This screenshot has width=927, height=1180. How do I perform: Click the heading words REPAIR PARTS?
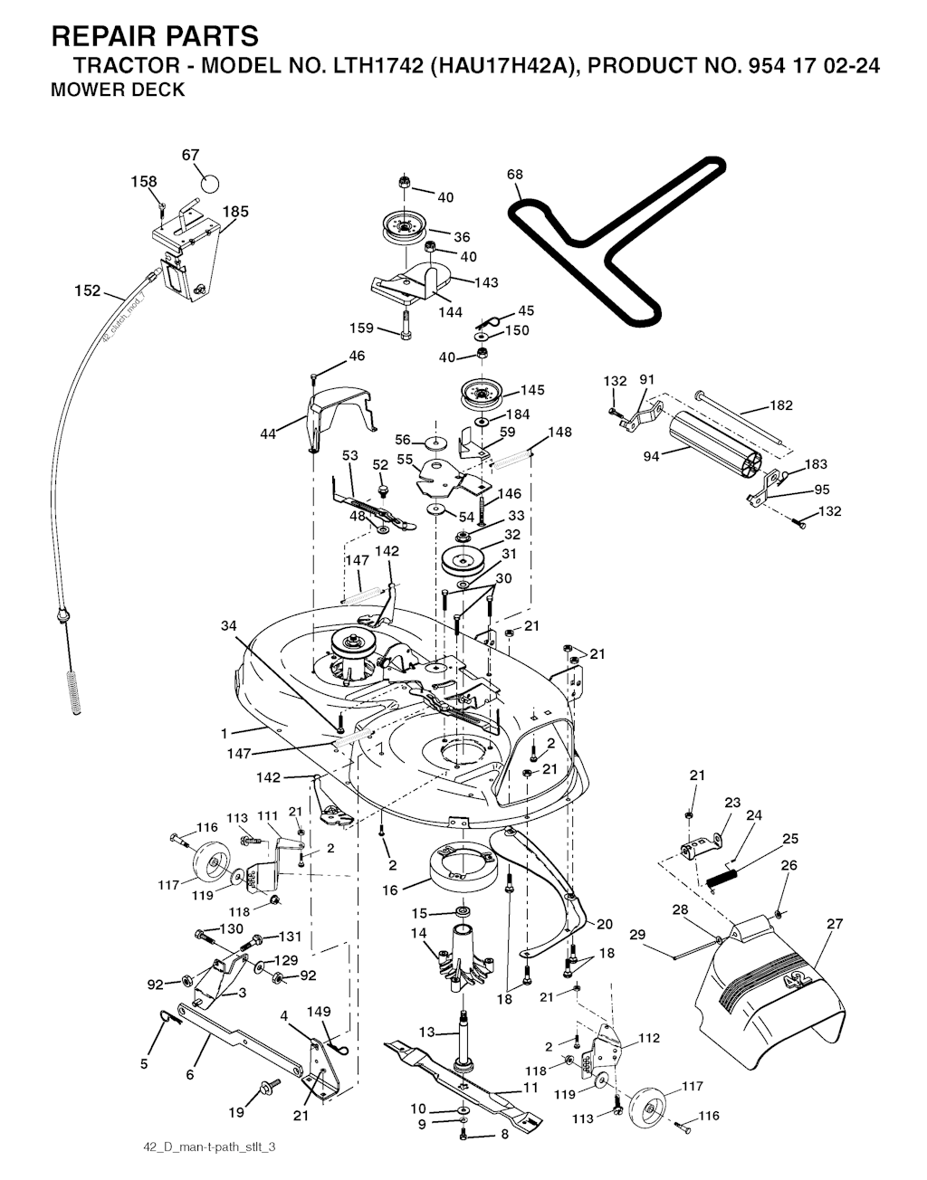pyautogui.click(x=155, y=36)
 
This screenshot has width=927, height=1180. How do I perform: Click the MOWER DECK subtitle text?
pyautogui.click(x=118, y=90)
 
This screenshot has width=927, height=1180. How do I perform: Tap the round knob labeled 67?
pyautogui.click(x=209, y=183)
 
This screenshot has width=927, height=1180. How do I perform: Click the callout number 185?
pyautogui.click(x=235, y=212)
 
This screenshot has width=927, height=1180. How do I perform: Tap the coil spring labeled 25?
pyautogui.click(x=729, y=875)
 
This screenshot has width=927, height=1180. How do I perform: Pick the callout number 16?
pyautogui.click(x=390, y=890)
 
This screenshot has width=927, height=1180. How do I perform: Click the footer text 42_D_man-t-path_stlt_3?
pyautogui.click(x=209, y=1147)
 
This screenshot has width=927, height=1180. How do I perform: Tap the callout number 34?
pyautogui.click(x=229, y=625)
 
